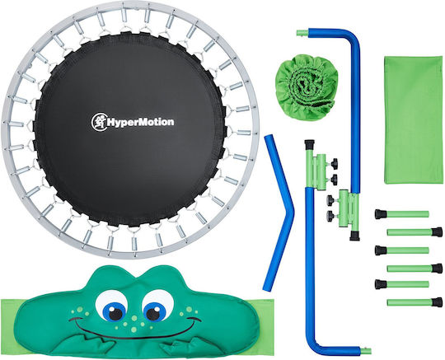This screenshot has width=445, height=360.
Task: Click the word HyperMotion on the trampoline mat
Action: click(140, 122)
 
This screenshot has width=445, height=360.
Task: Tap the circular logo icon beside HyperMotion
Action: click(99, 122)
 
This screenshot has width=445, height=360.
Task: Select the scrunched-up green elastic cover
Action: click(307, 87)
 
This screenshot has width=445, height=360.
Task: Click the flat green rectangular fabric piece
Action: click(413, 119)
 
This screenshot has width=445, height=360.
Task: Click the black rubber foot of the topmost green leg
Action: click(380, 214)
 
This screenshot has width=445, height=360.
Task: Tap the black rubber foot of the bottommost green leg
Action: click(437, 302)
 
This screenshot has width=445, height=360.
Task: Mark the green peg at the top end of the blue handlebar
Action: click(302, 33)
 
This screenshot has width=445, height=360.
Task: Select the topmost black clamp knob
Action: click(335, 164)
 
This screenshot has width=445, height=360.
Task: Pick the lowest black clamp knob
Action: click(330, 216)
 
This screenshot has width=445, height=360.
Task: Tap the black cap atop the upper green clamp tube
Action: click(309, 145)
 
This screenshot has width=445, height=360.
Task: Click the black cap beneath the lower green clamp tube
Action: click(354, 236)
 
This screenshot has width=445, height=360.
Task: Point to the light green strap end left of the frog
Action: click(12, 326)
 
